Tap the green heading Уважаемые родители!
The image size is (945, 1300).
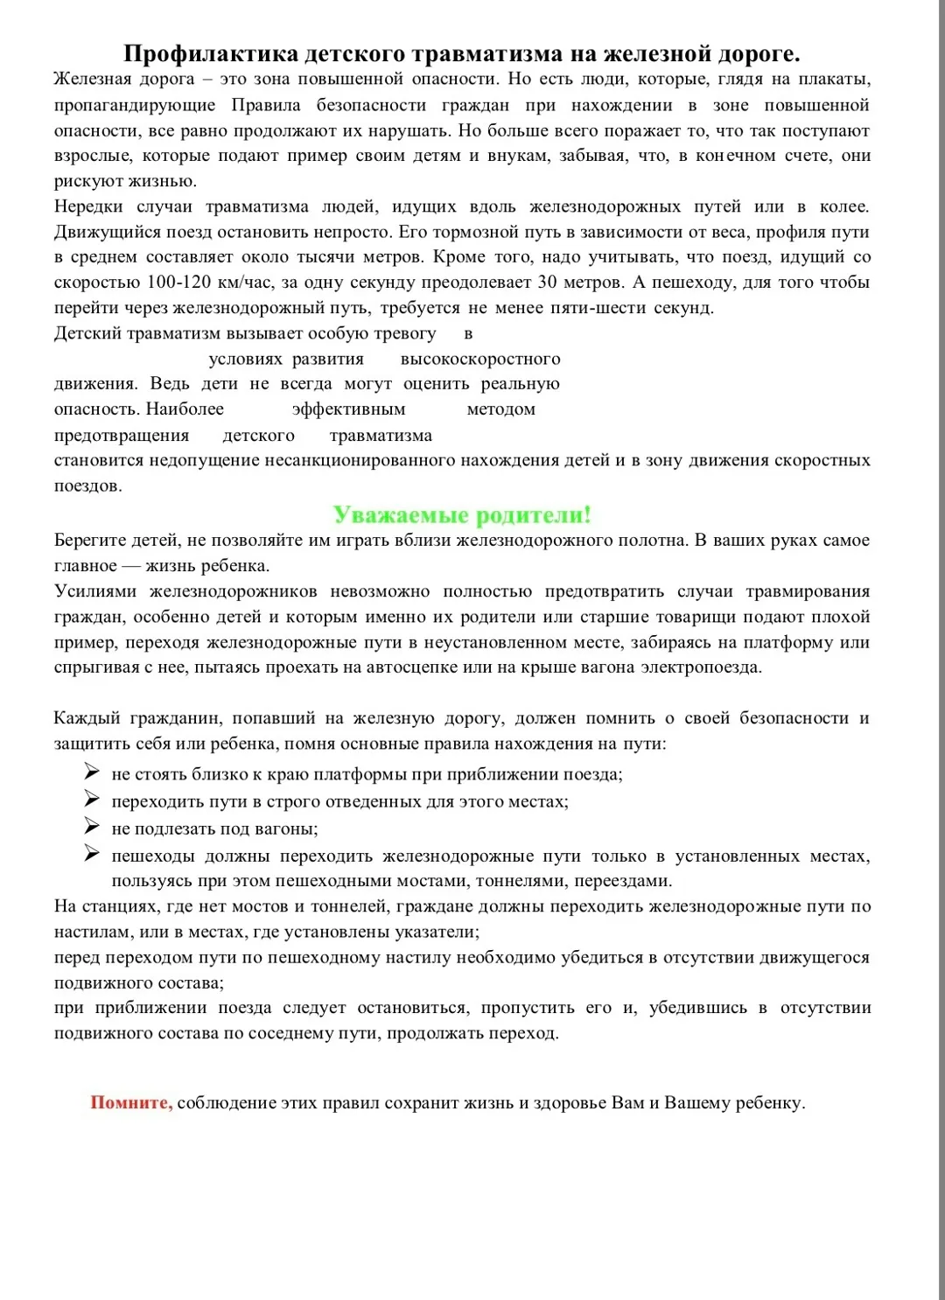(x=462, y=514)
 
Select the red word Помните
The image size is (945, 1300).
(x=131, y=1102)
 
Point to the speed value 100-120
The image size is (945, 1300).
(x=174, y=283)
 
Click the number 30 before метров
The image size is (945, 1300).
(x=547, y=283)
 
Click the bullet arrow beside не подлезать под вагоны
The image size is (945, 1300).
(x=92, y=827)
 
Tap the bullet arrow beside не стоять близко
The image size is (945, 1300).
(x=92, y=772)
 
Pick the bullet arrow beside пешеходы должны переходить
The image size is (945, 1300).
(x=92, y=854)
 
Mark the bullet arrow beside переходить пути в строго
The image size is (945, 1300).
(x=92, y=799)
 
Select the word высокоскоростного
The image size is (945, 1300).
(x=480, y=359)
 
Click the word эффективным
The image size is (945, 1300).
(x=348, y=409)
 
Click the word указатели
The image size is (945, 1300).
(x=431, y=932)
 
